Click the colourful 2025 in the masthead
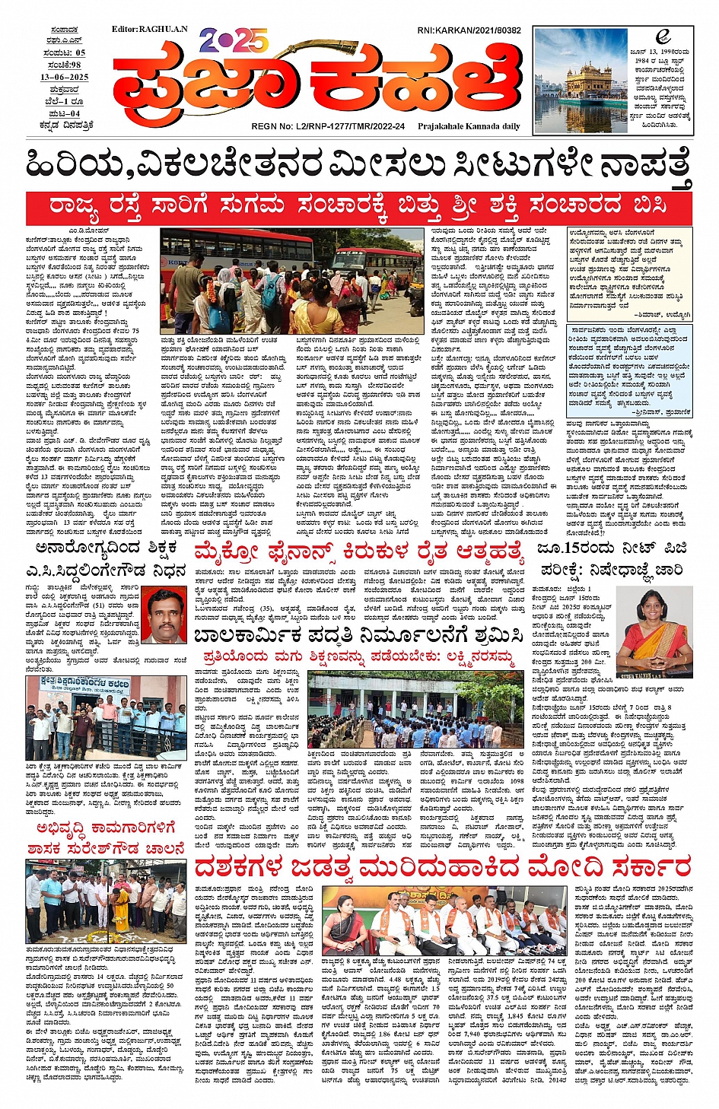[x=234, y=40]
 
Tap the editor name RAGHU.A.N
[x=149, y=29]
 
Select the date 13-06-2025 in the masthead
[x=65, y=78]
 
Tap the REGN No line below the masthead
[x=328, y=126]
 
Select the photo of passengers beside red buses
[x=291, y=281]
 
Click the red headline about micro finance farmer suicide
[x=359, y=551]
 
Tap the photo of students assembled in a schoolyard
[x=415, y=710]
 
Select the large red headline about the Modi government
[x=442, y=866]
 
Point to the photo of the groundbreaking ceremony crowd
[x=106, y=902]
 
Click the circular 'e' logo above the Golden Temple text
[x=662, y=37]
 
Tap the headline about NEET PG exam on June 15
[x=612, y=558]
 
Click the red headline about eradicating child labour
[x=359, y=634]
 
